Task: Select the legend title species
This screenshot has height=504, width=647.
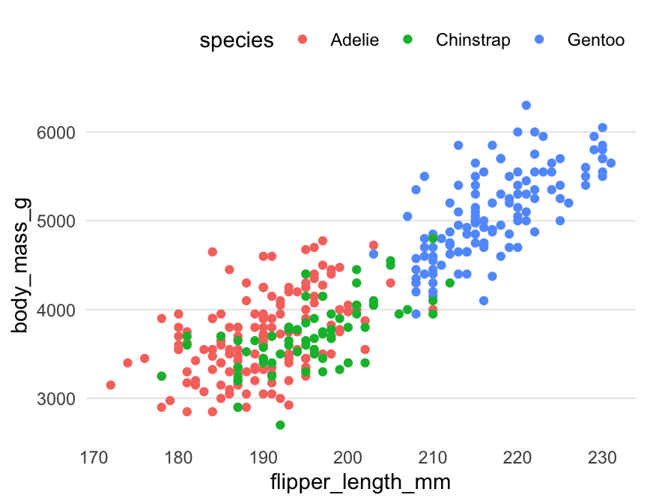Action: click(x=236, y=40)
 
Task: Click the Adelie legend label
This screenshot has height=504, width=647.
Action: click(x=355, y=40)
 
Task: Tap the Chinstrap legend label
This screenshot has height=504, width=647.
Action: click(x=473, y=40)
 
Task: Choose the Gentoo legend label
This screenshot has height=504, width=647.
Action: click(x=596, y=40)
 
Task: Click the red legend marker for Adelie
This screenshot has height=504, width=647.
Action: click(x=303, y=40)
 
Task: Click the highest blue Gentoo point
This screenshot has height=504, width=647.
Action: click(x=526, y=106)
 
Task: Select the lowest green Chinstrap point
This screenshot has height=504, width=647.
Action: click(x=280, y=425)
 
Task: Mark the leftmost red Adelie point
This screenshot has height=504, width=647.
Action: click(x=111, y=385)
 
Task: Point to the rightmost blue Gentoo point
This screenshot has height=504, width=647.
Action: click(x=610, y=163)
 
